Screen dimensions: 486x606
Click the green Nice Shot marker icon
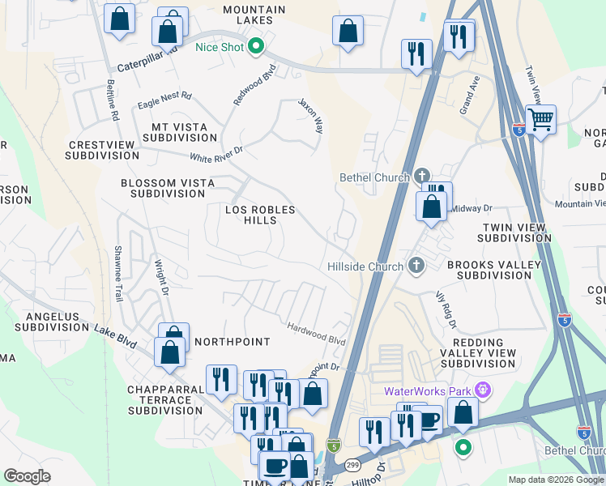click(x=257, y=46)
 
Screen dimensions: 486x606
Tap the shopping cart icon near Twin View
click(x=540, y=121)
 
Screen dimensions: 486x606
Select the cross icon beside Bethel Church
click(x=421, y=177)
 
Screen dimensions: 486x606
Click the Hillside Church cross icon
click(x=416, y=266)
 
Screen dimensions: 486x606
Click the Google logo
click(x=27, y=476)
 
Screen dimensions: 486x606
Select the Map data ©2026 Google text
click(x=556, y=480)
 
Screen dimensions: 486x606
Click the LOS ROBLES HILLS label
click(x=260, y=215)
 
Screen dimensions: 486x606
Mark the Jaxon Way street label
click(x=310, y=117)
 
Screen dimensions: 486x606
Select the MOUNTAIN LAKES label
click(x=254, y=16)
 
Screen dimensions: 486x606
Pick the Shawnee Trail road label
click(x=119, y=274)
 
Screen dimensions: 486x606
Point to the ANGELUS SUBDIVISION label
click(x=45, y=322)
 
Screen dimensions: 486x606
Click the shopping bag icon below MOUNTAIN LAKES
click(x=348, y=32)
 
